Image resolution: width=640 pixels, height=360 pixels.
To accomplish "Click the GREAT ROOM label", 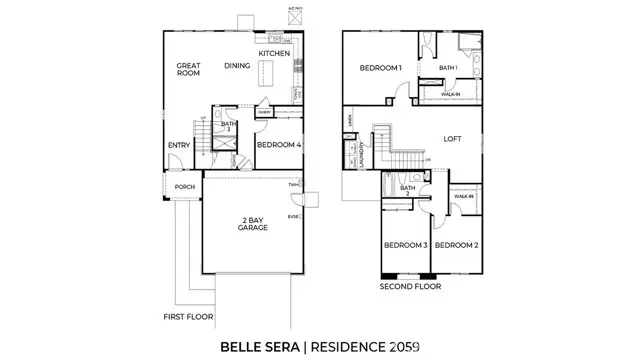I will pos(189,70).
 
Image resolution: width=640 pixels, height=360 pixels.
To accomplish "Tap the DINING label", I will pos(237,65).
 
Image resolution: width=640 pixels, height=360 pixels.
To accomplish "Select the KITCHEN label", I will pos(274,53).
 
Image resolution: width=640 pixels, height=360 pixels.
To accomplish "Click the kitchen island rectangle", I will pos(267,74).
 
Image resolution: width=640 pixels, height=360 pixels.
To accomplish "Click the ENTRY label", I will pos(179,145).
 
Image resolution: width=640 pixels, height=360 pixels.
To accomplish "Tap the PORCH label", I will pos(184,187).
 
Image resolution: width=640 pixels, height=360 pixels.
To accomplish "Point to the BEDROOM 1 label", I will pos(381,68).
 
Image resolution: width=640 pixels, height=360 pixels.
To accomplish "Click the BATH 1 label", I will pos(448,68).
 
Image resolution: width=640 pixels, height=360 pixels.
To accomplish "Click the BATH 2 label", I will pos(408,190).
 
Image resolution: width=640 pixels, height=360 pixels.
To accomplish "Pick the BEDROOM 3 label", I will pos(405,245).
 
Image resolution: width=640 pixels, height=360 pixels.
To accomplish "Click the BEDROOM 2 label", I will pos(457,245).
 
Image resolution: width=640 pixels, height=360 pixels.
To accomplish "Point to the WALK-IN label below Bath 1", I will pos(451,92).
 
